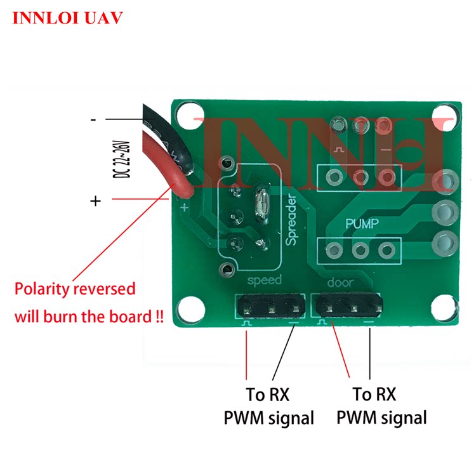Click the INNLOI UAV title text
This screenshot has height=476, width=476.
tap(67, 18)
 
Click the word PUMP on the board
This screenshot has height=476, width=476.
tap(362, 223)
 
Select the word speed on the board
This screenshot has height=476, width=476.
tap(265, 280)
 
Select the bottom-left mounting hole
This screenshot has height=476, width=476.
tap(188, 310)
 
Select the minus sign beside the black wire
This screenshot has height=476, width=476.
tap(93, 119)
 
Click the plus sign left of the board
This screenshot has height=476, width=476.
tap(95, 201)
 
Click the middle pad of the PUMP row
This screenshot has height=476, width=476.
tap(359, 251)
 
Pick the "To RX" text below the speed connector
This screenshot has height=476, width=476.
tap(267, 395)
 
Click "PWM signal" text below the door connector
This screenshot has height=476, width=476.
tap(381, 418)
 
